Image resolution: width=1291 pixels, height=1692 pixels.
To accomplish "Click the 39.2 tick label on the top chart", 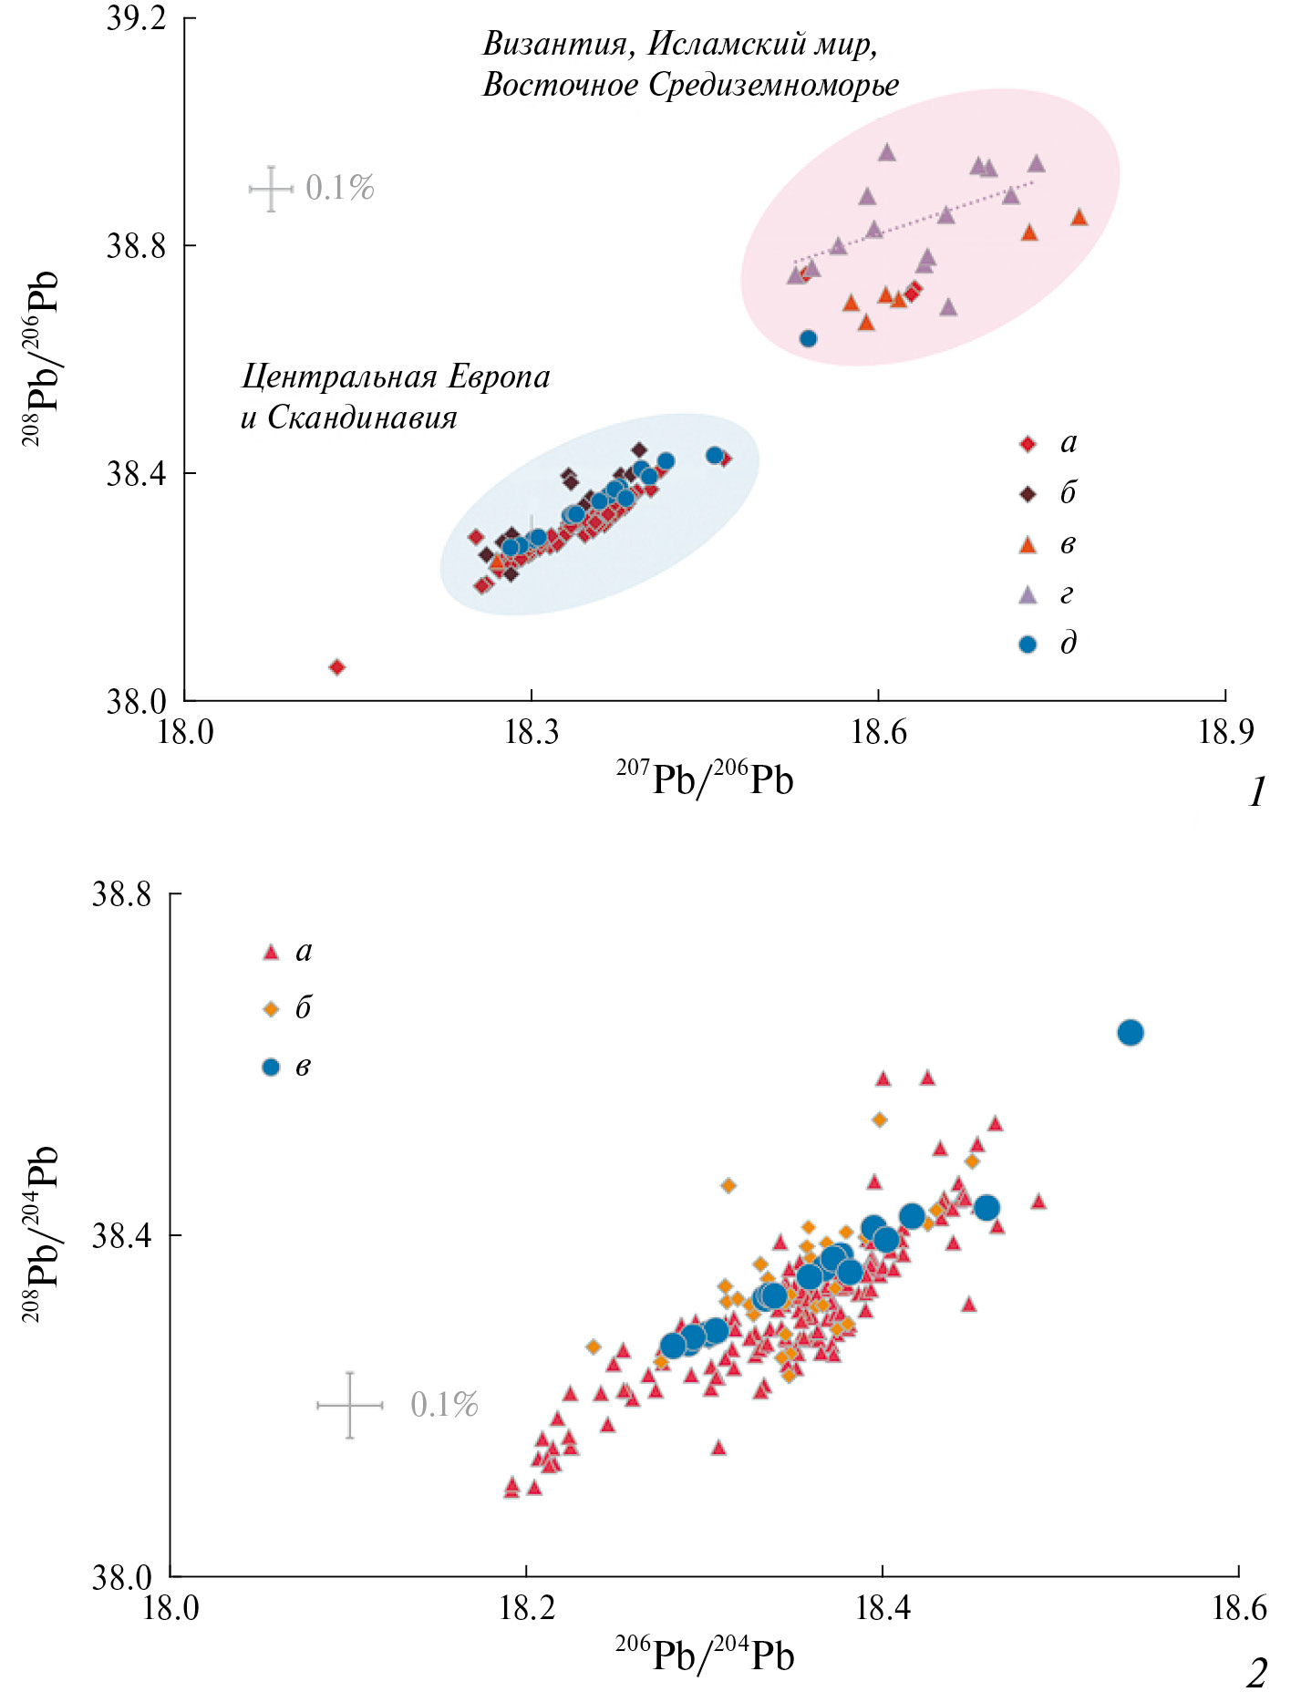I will [137, 19].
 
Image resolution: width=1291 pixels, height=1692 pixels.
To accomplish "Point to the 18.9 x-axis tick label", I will [1225, 731].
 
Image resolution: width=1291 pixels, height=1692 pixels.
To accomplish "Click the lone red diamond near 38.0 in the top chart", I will [336, 667].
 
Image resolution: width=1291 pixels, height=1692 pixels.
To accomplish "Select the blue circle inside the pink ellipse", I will [808, 339].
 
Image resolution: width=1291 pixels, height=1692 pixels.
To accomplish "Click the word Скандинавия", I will [362, 418].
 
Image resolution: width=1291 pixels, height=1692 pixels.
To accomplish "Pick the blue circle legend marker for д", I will [1028, 644].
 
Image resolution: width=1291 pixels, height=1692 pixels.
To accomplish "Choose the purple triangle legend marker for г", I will [1028, 594].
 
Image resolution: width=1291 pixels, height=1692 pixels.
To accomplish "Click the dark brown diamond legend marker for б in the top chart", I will [1028, 494].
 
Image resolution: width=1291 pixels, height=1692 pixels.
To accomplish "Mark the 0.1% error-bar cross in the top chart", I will [271, 189].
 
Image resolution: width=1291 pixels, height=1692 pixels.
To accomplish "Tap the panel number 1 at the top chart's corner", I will [1257, 792].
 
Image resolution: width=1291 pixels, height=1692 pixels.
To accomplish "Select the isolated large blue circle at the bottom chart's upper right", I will [1131, 1033].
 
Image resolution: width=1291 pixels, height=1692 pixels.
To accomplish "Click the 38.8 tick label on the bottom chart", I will [121, 894].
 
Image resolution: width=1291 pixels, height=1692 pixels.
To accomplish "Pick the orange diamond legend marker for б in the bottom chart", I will [271, 1009].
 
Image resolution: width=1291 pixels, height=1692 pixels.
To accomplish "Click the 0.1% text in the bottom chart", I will [444, 1405].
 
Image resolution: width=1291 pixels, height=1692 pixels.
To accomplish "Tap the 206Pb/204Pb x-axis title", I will [704, 1656].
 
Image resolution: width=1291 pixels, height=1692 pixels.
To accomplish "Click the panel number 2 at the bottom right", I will [1256, 1672].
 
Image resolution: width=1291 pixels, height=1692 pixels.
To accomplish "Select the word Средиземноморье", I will [774, 85].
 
